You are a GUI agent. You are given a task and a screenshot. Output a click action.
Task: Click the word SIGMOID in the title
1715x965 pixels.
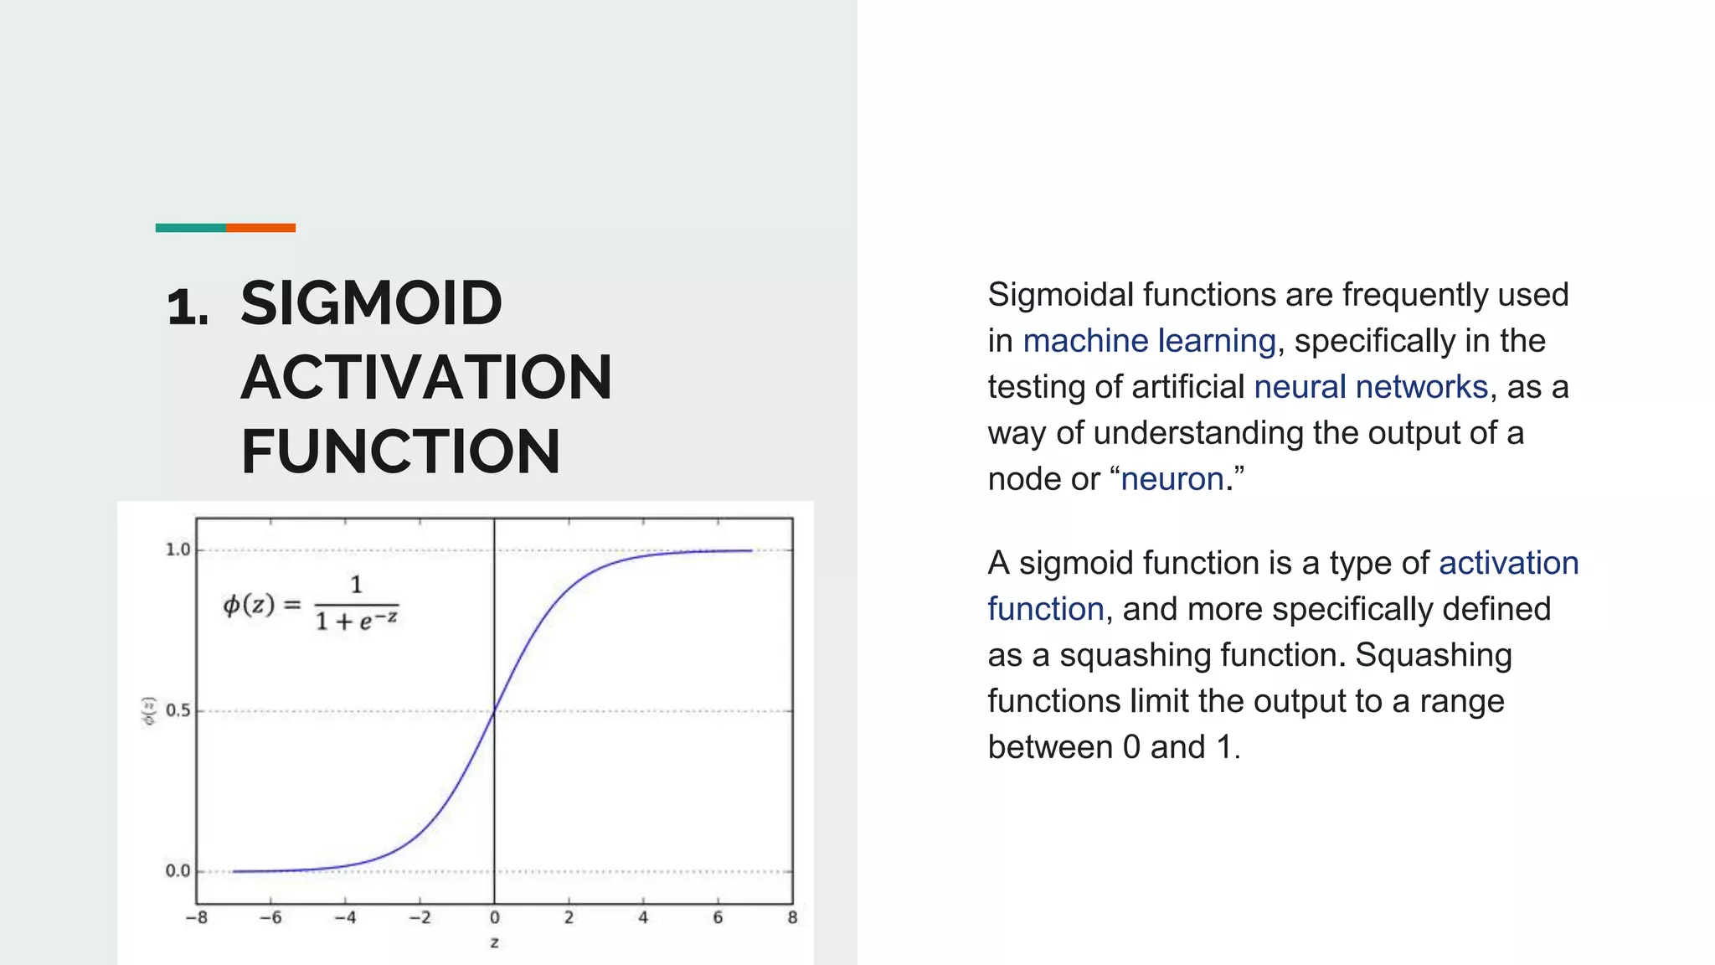371,303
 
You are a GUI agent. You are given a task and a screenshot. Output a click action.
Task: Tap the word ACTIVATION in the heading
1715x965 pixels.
426,377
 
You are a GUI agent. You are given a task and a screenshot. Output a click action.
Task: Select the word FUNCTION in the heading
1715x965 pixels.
400,451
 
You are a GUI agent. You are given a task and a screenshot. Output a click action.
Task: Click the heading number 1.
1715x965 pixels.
188,307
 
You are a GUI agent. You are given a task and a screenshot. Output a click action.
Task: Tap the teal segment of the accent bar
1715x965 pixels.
190,228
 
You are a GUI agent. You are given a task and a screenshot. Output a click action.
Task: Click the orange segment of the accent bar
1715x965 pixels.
260,228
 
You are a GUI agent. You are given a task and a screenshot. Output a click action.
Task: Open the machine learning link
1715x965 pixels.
1149,341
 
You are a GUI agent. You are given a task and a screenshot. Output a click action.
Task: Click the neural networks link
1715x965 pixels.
1370,387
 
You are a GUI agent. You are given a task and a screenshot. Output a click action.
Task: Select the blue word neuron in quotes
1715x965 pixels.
1172,479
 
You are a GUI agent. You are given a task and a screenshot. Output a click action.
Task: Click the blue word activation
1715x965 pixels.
1508,563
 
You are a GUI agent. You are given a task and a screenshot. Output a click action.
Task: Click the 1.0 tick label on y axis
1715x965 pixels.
178,550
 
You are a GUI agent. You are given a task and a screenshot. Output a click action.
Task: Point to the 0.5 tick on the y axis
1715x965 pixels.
178,710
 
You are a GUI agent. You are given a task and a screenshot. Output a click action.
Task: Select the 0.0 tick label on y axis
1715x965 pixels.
178,871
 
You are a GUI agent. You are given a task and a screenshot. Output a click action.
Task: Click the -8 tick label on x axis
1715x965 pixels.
197,917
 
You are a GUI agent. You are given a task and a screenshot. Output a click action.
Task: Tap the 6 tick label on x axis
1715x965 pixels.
718,917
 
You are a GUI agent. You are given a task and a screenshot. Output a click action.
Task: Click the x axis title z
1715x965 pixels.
494,942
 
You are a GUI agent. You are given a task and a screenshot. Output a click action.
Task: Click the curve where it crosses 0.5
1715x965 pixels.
494,711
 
